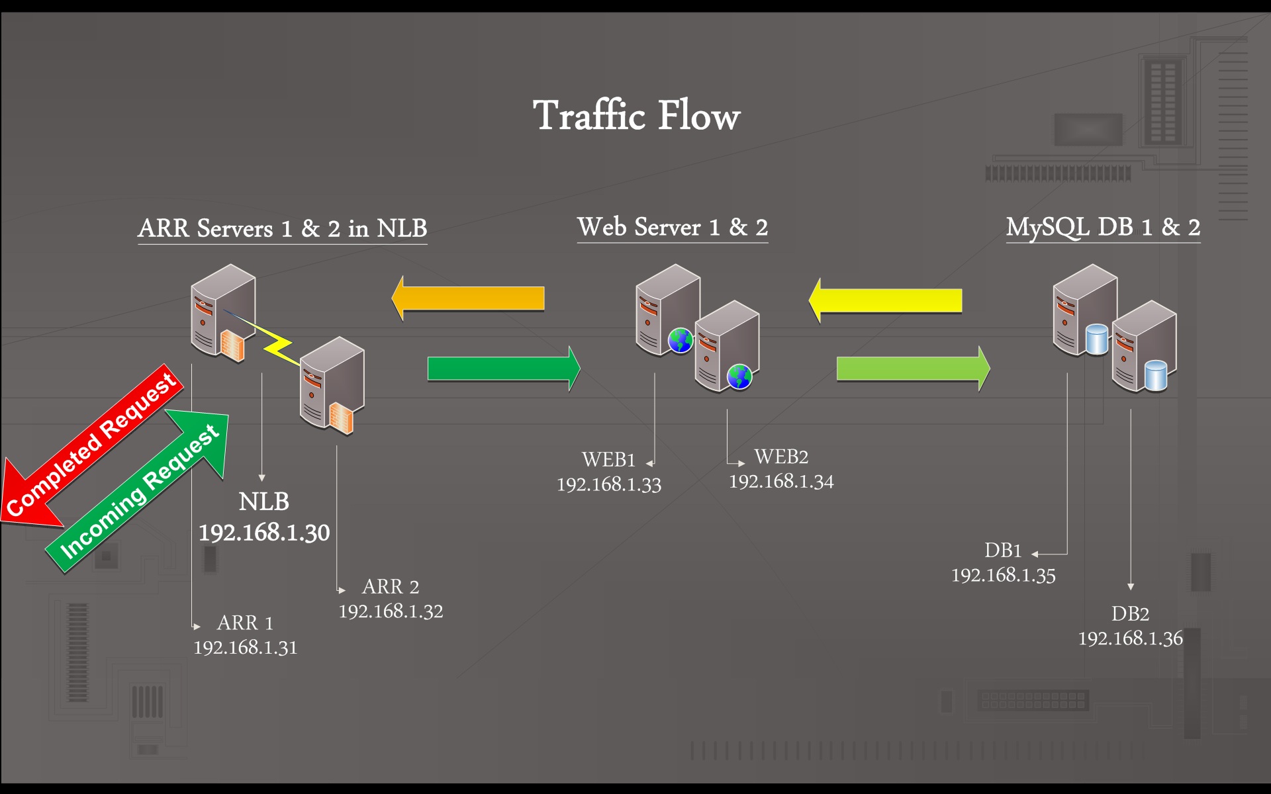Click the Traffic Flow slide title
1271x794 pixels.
(636, 116)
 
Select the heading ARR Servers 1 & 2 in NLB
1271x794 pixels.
(283, 228)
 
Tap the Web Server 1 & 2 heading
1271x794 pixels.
(673, 227)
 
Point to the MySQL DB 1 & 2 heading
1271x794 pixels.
(1104, 228)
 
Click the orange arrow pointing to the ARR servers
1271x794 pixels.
(468, 298)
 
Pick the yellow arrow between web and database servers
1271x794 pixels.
(885, 300)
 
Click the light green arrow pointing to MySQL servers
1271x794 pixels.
(914, 369)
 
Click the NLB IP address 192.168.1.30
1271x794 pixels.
(264, 533)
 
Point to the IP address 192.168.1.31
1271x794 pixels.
(246, 647)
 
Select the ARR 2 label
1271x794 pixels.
(391, 586)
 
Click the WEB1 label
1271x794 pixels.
(608, 459)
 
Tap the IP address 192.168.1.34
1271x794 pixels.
(781, 481)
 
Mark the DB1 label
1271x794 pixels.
(1003, 550)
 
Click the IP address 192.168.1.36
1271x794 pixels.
(1131, 638)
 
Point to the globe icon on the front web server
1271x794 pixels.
(739, 376)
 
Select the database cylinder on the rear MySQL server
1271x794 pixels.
(1097, 339)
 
